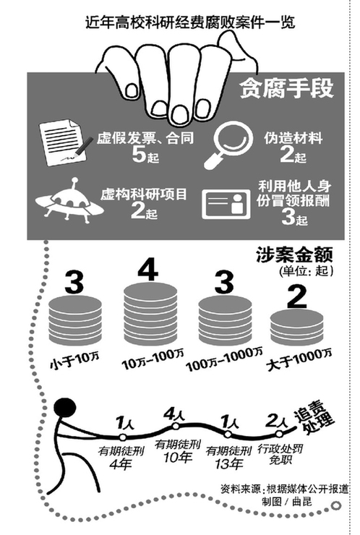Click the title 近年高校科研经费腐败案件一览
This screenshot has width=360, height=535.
[x=189, y=23]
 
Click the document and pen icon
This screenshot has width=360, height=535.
[x=65, y=142]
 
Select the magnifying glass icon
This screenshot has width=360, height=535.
[x=228, y=145]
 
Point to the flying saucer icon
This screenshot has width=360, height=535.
[x=69, y=200]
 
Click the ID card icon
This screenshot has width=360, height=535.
[x=226, y=204]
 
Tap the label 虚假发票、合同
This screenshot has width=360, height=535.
[x=145, y=138]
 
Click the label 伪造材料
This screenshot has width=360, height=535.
[x=293, y=138]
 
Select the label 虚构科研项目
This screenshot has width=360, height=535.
[x=144, y=194]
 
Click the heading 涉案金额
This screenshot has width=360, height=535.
[x=294, y=254]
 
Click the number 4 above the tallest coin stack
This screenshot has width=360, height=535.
[x=147, y=269]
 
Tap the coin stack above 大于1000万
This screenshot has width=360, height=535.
[x=296, y=328]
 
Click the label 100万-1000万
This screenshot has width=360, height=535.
[x=224, y=359]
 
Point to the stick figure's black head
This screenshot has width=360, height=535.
[x=65, y=408]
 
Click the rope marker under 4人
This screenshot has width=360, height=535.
[x=176, y=426]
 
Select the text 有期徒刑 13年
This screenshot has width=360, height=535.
[x=228, y=457]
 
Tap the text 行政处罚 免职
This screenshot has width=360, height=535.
[x=280, y=453]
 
